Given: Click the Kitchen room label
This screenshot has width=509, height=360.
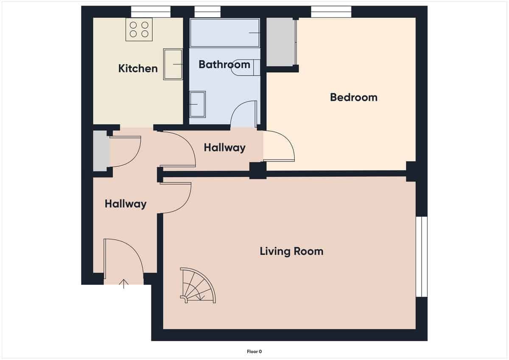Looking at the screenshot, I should [x=138, y=68].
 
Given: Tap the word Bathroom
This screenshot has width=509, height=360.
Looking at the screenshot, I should [x=224, y=64].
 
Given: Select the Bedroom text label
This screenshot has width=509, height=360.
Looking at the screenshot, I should [x=353, y=97].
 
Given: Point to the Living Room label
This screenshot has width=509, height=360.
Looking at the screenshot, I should [x=291, y=251].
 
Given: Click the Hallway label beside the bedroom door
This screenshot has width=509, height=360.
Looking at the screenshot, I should [x=224, y=148].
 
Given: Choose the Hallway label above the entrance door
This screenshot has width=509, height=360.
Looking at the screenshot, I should [x=126, y=204].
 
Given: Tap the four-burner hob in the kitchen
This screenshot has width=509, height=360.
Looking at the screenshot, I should [x=139, y=30].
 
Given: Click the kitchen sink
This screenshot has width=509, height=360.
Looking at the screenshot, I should [x=173, y=64].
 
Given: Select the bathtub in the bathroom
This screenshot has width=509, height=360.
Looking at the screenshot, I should [x=225, y=33].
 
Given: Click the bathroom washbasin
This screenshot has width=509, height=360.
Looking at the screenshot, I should [x=197, y=104].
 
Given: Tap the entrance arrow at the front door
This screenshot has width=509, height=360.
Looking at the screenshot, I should [x=124, y=284].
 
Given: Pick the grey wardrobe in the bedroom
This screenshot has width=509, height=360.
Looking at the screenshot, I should [x=280, y=42].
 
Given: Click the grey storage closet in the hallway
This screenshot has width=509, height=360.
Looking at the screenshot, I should [x=101, y=151].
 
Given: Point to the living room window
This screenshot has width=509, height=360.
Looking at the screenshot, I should [x=421, y=257].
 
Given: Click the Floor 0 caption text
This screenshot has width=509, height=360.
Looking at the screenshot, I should [x=255, y=351].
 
